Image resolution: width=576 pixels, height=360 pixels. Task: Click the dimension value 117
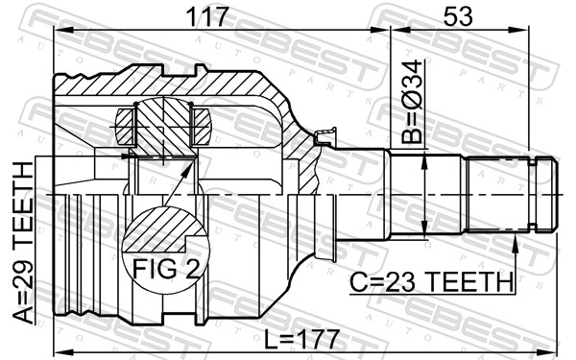coord(207,16)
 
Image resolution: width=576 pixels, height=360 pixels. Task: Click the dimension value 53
coord(458,16)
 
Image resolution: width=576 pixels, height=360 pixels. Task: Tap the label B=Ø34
coord(413,102)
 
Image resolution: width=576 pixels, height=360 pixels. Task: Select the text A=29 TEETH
coord(23,243)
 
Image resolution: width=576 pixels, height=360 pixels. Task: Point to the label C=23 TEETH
coord(431,282)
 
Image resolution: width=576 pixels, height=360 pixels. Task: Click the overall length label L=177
coord(301,340)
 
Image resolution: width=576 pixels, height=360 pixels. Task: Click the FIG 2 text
coord(167,269)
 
